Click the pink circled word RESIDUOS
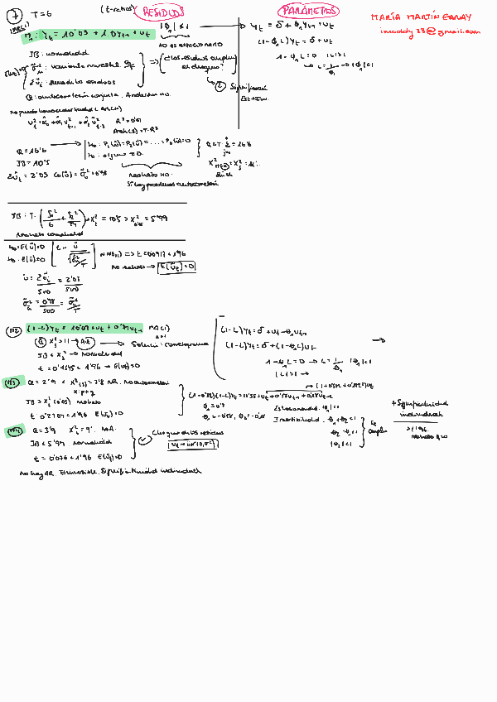click(x=164, y=12)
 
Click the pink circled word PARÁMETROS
click(x=309, y=11)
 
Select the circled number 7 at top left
click(x=13, y=12)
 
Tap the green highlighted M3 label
click(x=12, y=382)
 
